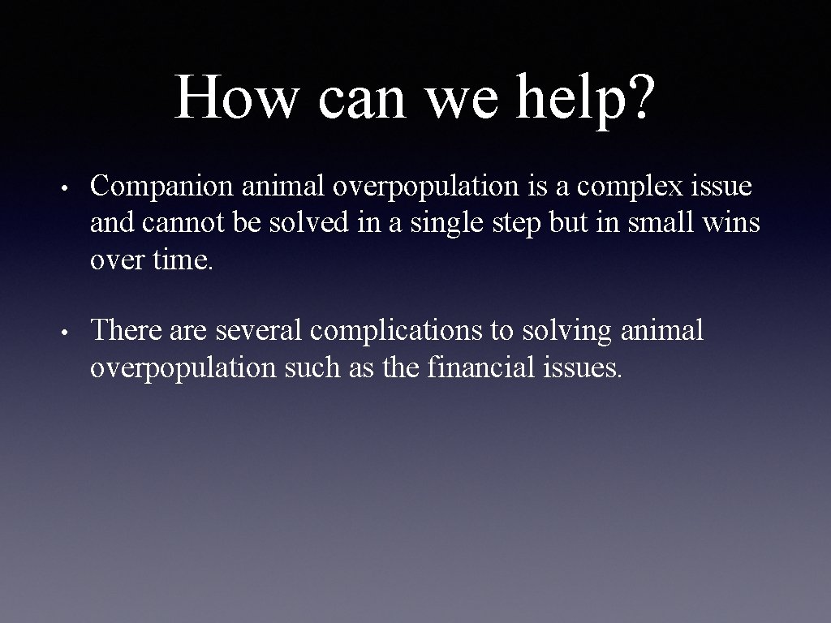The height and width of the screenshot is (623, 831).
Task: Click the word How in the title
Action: coord(236,97)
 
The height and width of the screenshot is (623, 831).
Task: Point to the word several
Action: coord(259,331)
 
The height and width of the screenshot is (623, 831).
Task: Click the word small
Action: coord(646,223)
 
